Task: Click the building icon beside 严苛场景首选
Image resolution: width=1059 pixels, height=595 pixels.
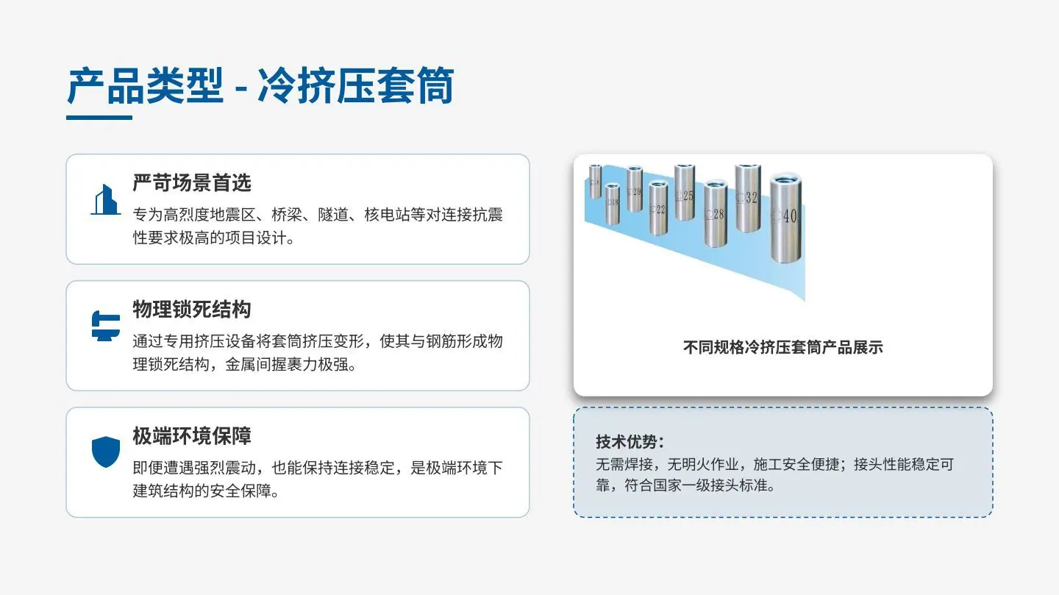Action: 105,199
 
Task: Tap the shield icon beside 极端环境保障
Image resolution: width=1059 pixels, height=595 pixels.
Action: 106,452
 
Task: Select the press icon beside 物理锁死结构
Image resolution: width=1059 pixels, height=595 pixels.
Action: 106,326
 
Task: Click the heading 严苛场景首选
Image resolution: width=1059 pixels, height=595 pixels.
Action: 191,182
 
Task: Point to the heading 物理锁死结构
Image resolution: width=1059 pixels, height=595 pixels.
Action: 191,310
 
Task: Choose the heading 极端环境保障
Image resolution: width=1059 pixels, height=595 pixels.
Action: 191,435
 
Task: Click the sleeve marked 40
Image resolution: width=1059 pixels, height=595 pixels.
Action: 785,218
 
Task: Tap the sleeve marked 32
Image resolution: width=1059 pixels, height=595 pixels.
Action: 748,198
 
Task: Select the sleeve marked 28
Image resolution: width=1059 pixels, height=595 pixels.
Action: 716,214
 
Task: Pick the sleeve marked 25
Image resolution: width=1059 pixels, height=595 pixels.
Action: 685,193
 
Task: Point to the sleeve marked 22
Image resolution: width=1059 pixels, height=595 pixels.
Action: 658,208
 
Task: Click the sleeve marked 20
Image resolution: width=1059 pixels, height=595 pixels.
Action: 635,189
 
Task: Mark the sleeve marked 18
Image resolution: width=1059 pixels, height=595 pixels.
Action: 612,204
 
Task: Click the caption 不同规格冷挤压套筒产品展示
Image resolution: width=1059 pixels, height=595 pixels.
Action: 783,348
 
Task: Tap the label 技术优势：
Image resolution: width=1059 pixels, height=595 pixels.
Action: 630,442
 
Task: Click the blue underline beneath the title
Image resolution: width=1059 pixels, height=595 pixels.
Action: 99,118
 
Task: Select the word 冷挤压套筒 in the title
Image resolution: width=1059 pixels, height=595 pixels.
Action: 355,86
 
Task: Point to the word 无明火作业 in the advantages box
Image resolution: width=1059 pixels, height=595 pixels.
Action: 703,465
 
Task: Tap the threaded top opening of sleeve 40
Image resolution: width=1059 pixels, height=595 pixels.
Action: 785,179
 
